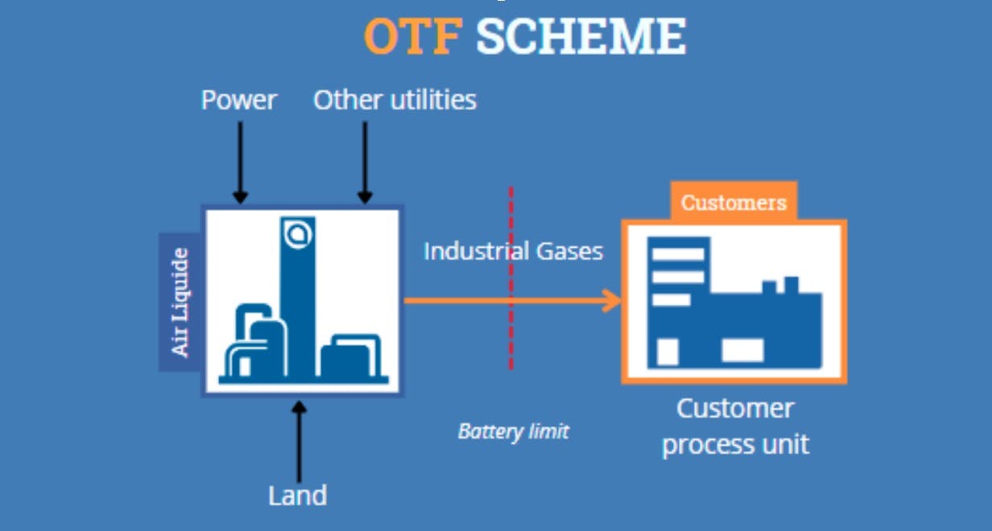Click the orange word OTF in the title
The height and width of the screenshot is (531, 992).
413,35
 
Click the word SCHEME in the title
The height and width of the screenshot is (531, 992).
581,35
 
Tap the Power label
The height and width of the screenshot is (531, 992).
238,100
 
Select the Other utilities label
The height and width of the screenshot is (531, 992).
395,100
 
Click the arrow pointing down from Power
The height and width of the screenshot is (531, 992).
239,161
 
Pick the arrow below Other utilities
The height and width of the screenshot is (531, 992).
364,161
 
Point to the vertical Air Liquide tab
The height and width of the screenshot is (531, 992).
180,302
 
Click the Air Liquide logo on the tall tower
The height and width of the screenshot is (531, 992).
298,233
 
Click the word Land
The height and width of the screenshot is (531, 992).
298,496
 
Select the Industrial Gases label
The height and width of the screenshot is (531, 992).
513,251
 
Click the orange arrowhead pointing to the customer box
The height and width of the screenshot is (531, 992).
614,302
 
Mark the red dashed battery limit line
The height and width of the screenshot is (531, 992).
510,338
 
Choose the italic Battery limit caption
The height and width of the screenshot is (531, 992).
513,431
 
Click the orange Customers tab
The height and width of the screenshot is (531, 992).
734,202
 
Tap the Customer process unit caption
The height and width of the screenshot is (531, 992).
734,426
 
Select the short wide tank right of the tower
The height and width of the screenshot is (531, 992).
349,358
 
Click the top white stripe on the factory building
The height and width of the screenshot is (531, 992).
677,254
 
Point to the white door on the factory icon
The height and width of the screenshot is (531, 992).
668,352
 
